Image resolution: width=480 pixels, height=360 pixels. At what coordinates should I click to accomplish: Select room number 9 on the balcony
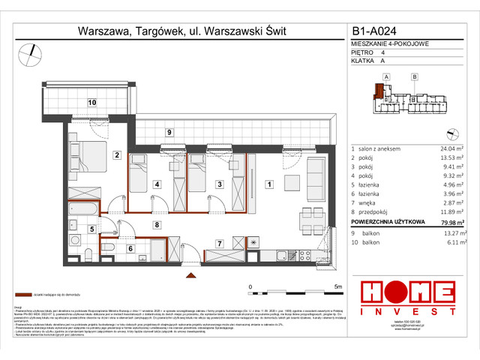(x=169, y=133)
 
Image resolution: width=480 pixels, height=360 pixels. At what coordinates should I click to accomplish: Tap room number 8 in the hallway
(x=156, y=224)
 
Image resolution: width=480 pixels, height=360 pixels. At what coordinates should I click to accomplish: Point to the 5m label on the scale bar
(x=337, y=287)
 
